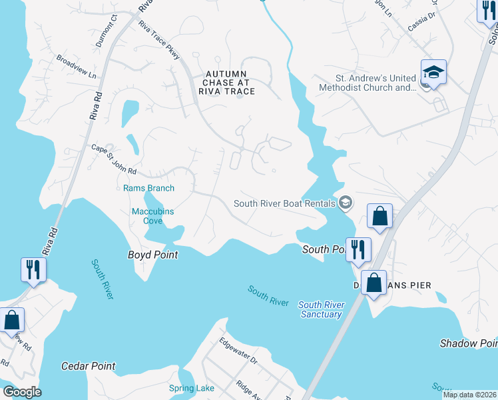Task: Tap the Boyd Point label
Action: pyautogui.click(x=153, y=255)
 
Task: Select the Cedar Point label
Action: pyautogui.click(x=88, y=366)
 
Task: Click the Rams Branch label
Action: pyautogui.click(x=148, y=189)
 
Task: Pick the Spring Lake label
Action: pyautogui.click(x=192, y=389)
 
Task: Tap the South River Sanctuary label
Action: pyautogui.click(x=321, y=309)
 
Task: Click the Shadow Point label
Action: pyautogui.click(x=468, y=343)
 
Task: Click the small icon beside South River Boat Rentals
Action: pyautogui.click(x=345, y=203)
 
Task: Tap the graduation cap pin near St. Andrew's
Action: pyautogui.click(x=433, y=71)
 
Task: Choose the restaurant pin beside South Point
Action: pyautogui.click(x=358, y=249)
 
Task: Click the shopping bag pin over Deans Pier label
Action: pyautogui.click(x=373, y=282)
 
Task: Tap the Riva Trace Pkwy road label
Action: pyautogui.click(x=159, y=40)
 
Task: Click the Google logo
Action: pyautogui.click(x=22, y=392)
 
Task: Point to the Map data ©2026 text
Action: pyautogui.click(x=469, y=395)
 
